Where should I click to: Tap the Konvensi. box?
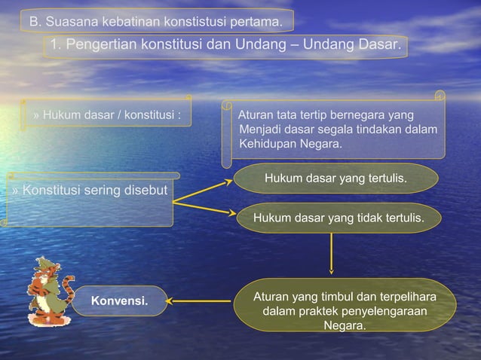[x=119, y=302]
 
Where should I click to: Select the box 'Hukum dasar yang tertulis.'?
[x=335, y=179]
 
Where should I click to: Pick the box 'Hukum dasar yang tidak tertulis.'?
[x=338, y=218]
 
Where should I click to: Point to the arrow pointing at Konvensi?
[x=199, y=301]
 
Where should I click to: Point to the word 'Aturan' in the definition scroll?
[x=255, y=116]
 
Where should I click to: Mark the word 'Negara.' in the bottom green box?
[x=345, y=326]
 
